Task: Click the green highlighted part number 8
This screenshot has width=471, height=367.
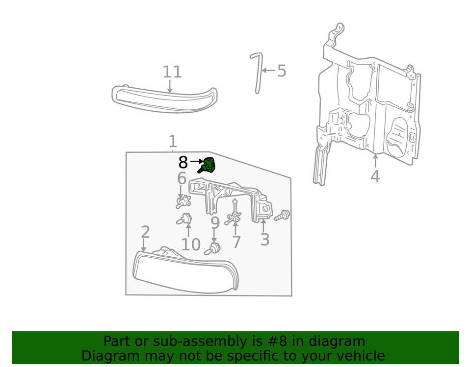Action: click(x=208, y=165)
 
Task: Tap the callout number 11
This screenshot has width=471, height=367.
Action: click(x=172, y=72)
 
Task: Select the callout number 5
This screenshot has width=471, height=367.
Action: click(x=281, y=71)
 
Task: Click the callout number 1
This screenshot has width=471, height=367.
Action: click(x=172, y=142)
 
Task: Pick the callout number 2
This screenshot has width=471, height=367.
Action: click(x=145, y=232)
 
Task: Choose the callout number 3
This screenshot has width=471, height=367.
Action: click(x=264, y=240)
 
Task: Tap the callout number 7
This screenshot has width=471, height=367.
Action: click(x=236, y=242)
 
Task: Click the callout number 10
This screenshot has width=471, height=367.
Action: click(x=191, y=244)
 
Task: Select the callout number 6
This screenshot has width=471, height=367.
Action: click(x=182, y=179)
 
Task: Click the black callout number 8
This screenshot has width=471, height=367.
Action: click(x=183, y=162)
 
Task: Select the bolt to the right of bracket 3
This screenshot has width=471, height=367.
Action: click(x=282, y=215)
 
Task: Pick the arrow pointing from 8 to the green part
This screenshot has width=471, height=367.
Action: click(x=196, y=161)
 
